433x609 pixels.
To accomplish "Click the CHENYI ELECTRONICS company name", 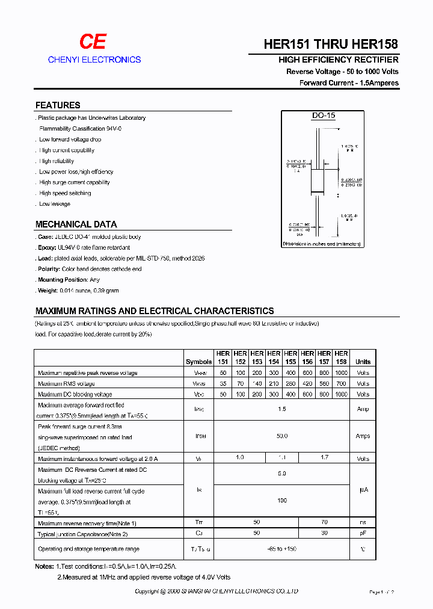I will pos(94,60).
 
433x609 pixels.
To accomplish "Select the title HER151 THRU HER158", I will pos(331,45).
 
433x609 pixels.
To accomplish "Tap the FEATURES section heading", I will pos(58,105).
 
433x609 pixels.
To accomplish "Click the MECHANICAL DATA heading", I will pos(76,224).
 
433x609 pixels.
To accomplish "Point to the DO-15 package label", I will pos(323,116).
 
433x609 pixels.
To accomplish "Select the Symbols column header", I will pos(198,362).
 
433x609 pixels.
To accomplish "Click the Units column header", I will pos(363,362).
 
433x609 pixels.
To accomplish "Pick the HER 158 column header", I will pos(341,357).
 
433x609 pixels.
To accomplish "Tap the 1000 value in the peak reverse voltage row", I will pos(341,373).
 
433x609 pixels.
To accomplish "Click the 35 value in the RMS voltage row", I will pos(223,384).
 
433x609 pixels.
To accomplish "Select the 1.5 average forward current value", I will pos(281,409).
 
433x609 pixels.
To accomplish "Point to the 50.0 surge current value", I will pos(281,436).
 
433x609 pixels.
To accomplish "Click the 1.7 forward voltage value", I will pos(324,458).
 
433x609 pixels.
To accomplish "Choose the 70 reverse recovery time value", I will pos(324,523).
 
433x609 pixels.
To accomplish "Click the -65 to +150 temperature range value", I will pos(281,549).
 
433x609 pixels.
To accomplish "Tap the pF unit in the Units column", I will pos(363,533).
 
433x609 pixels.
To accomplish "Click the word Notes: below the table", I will pos(45,567).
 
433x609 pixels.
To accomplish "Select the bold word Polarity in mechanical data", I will pos(49,269).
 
